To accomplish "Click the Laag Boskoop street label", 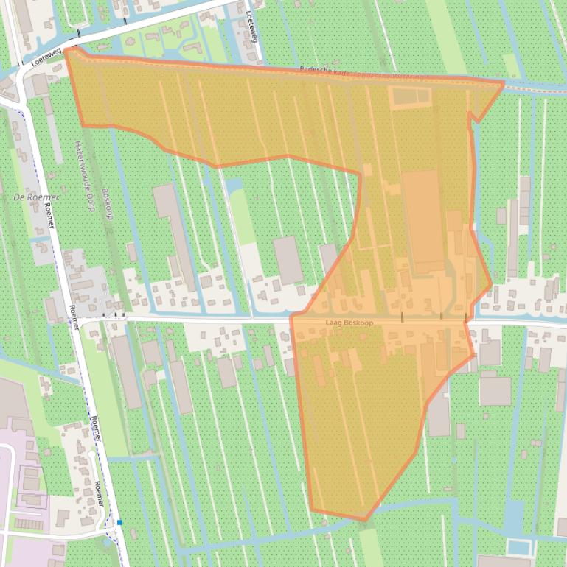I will coord(347,323).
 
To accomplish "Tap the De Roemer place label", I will coord(36,197).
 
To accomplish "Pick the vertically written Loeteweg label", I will coord(252,25).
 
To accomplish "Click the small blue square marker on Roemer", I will coord(119,522).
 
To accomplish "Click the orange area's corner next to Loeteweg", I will coord(67,50).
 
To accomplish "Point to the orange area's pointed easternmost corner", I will coord(504,84).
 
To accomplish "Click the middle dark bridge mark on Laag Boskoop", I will coord(441,317).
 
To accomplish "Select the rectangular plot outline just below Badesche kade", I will coord(410,96).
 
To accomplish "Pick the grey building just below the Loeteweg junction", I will coord(38,85).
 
